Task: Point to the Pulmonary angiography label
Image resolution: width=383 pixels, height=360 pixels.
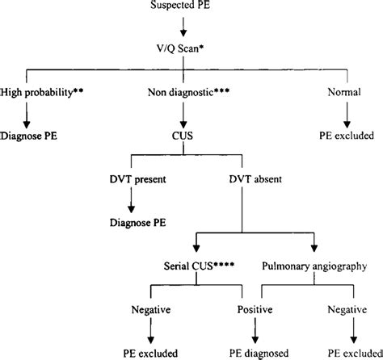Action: [x=316, y=264]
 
